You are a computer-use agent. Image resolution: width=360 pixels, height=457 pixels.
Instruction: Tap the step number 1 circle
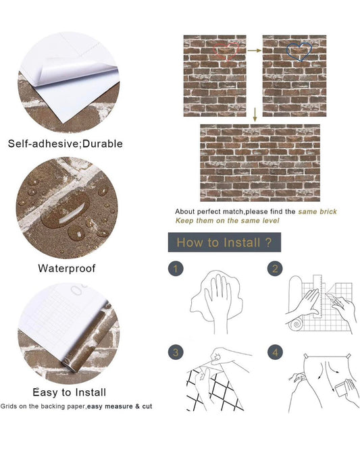coord(176,269)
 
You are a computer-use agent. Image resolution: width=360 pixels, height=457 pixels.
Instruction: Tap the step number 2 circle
coord(274,269)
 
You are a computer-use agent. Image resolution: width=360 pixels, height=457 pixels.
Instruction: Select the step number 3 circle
coord(176,352)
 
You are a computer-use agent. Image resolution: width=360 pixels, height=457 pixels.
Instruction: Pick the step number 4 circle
coord(274,352)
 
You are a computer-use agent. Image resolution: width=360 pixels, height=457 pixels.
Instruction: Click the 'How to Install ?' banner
coord(214,242)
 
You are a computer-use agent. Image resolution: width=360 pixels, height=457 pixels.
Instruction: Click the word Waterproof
coord(66,268)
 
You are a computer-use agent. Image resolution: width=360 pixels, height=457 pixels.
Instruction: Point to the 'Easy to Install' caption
coord(69,392)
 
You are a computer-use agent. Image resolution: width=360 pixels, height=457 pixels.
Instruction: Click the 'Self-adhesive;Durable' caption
coord(66,144)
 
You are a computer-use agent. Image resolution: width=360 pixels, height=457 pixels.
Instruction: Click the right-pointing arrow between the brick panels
coord(255,50)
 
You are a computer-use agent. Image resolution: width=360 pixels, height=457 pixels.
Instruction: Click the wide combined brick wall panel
coord(259,162)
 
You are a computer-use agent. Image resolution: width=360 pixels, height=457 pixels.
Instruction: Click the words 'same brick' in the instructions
coord(317,211)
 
